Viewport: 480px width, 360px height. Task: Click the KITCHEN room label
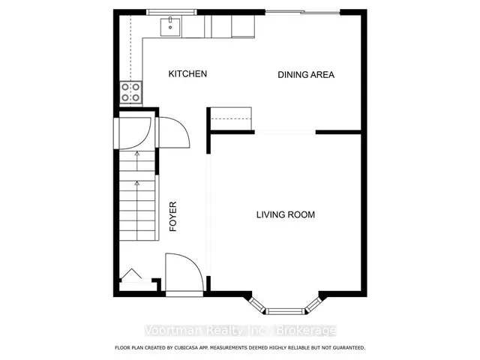pyautogui.click(x=187, y=73)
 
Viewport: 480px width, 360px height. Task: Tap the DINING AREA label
pyautogui.click(x=306, y=75)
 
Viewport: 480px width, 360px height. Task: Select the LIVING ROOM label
pyautogui.click(x=286, y=214)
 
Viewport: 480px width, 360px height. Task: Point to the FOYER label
pyautogui.click(x=173, y=216)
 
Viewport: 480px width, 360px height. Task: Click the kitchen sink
pyautogui.click(x=170, y=27)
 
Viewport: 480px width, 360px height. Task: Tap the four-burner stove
pyautogui.click(x=130, y=92)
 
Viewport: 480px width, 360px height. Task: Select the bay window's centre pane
pyautogui.click(x=285, y=312)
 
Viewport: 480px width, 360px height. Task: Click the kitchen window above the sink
pyautogui.click(x=172, y=12)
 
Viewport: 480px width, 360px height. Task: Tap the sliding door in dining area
pyautogui.click(x=302, y=12)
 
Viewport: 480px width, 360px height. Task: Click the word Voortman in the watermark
pyautogui.click(x=173, y=331)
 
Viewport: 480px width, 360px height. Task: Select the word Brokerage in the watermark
pyautogui.click(x=306, y=331)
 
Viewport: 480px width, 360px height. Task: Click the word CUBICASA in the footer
pyautogui.click(x=185, y=348)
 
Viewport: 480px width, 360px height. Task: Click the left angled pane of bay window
pyautogui.click(x=256, y=305)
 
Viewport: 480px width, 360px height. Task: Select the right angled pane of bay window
pyautogui.click(x=314, y=305)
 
